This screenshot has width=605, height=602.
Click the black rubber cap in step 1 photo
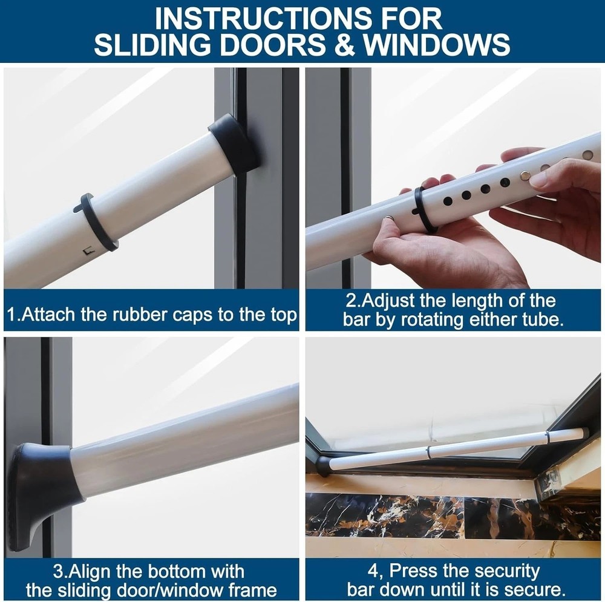click(235, 145)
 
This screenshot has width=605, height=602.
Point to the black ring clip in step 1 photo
click(96, 223)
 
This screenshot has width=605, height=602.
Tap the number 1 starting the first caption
click(11, 315)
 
